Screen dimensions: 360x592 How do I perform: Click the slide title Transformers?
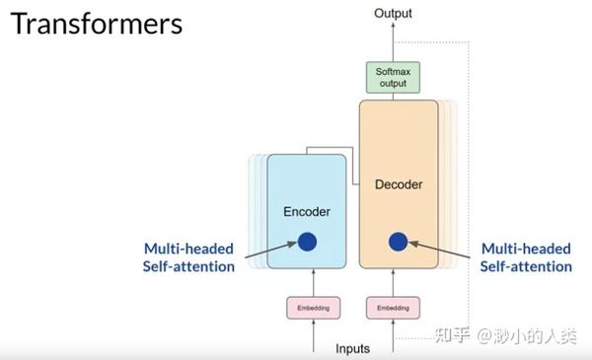(x=97, y=24)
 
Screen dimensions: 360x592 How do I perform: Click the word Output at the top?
(x=393, y=13)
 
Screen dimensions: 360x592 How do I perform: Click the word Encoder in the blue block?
(x=307, y=211)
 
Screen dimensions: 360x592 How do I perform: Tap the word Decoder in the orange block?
(x=399, y=184)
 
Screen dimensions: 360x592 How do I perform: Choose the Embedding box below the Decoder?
(x=393, y=309)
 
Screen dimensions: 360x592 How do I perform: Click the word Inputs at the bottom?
(x=353, y=348)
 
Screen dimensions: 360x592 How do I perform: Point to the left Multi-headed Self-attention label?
(x=188, y=257)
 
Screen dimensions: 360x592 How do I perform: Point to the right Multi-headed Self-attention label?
(x=525, y=257)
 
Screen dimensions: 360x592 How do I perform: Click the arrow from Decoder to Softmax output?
(x=393, y=96)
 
